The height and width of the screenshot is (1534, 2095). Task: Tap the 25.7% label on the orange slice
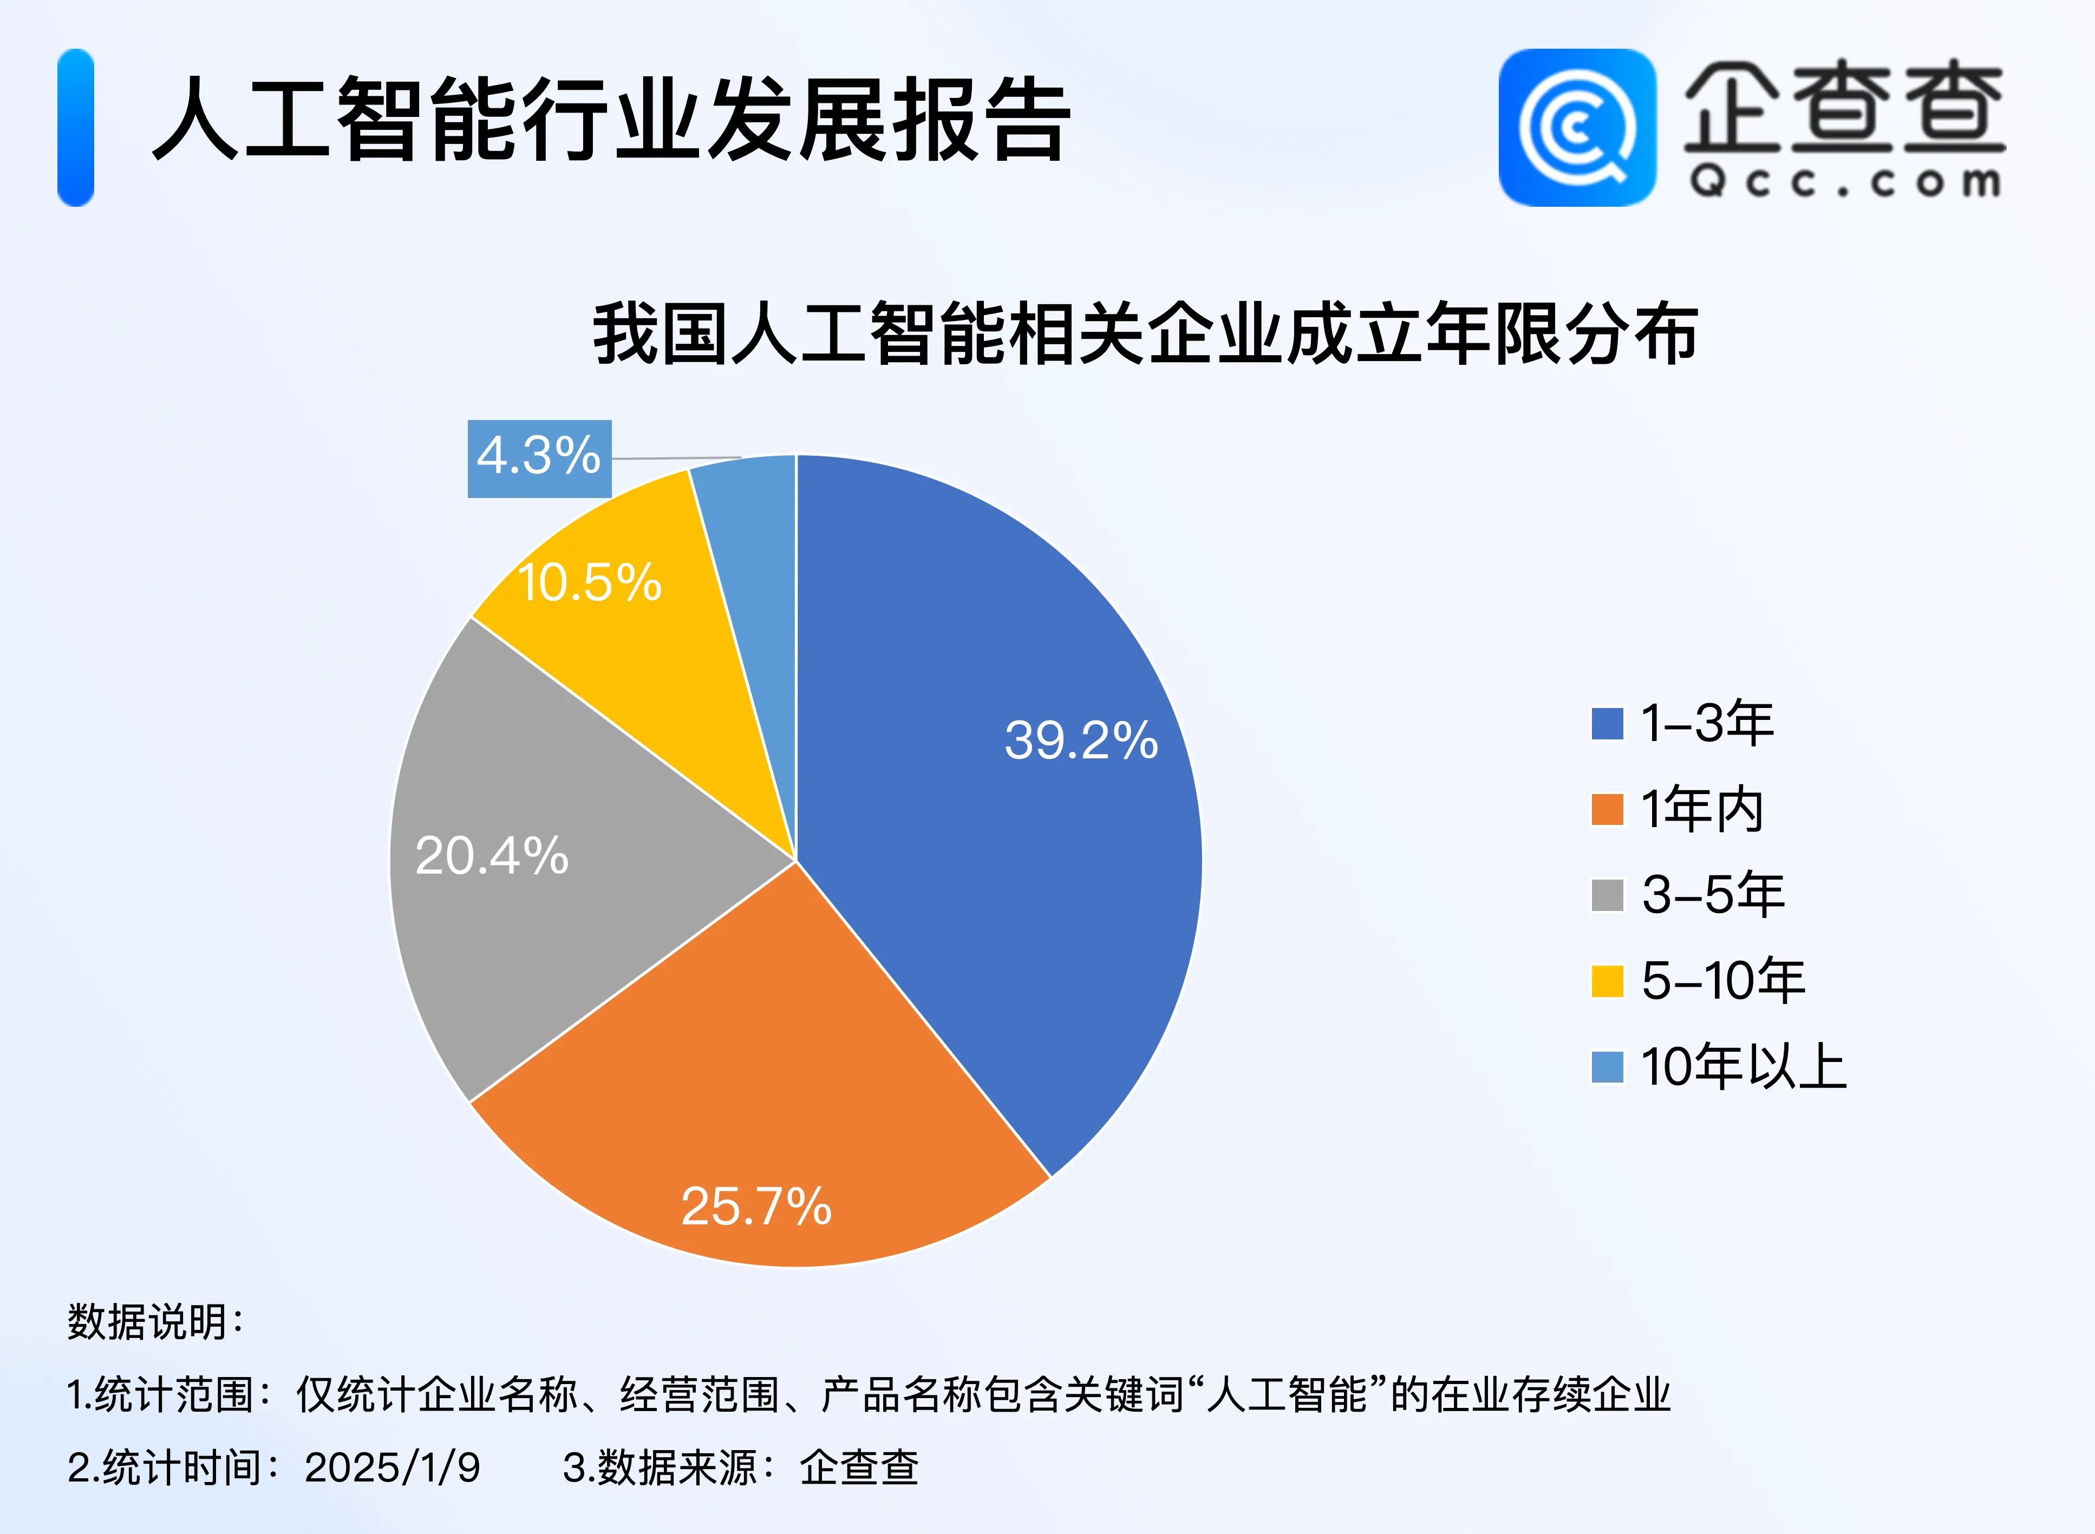tap(756, 1206)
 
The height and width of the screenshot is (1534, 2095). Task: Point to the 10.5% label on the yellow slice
tap(589, 582)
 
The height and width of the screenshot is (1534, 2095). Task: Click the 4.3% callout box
tap(539, 458)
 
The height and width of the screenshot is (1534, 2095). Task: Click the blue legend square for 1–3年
tap(1607, 723)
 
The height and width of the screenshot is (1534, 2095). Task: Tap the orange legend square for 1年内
tap(1607, 809)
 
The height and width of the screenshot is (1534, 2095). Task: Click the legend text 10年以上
tap(1743, 1066)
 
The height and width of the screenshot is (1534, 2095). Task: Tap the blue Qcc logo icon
tap(1577, 127)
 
